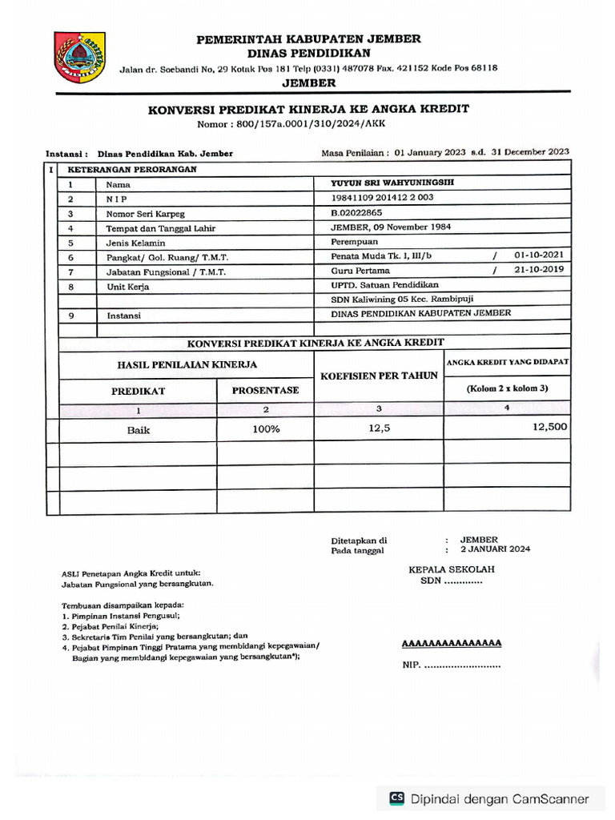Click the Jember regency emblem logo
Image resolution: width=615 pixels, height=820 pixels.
tap(79, 58)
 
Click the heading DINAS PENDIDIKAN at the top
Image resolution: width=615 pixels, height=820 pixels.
tap(308, 52)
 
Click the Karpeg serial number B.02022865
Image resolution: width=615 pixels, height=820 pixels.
tap(357, 212)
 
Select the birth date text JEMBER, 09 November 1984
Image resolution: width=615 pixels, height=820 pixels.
tap(391, 227)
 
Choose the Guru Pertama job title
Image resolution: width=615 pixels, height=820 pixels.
tap(358, 271)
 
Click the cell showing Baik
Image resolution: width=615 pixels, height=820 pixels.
tap(138, 429)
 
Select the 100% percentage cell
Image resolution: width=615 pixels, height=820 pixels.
tap(265, 429)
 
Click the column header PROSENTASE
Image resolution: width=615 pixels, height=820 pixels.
tap(265, 390)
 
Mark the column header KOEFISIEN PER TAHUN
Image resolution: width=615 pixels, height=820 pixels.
tap(379, 376)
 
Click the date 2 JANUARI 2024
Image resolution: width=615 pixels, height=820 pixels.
tap(494, 549)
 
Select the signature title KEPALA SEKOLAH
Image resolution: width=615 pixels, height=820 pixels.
tap(452, 569)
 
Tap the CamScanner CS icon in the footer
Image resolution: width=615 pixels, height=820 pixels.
tap(396, 798)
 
